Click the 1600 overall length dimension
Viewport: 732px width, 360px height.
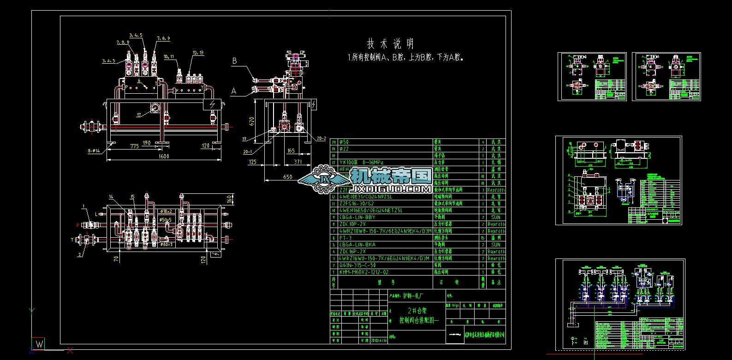point(164,156)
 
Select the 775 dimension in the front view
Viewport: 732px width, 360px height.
point(134,146)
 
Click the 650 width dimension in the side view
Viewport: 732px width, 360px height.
point(287,177)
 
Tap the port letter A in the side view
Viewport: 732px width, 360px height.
point(234,91)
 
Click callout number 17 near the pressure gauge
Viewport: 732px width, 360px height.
point(139,115)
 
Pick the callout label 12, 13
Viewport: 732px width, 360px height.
point(198,53)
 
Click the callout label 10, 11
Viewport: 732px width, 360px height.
point(169,57)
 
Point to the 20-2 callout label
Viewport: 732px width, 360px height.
point(321,138)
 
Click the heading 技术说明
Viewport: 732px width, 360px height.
point(390,44)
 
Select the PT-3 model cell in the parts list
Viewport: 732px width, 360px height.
point(349,238)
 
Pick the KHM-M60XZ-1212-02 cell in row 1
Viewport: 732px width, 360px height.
point(364,272)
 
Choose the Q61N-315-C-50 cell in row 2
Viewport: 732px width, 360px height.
point(358,265)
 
